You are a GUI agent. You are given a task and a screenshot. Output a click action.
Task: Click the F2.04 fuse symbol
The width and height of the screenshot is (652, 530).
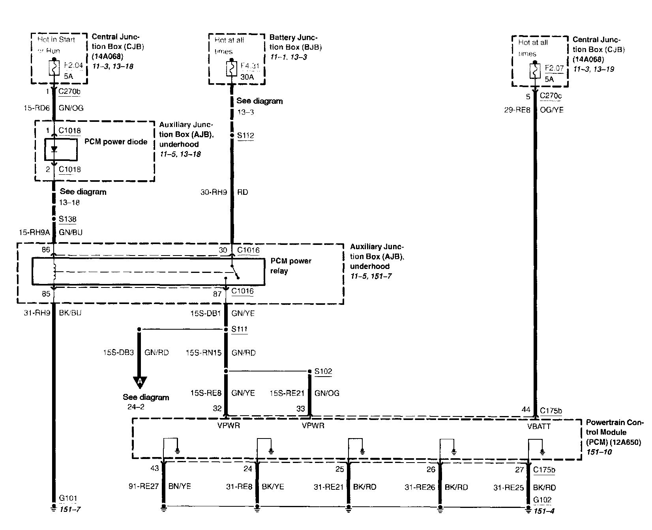pyautogui.click(x=54, y=68)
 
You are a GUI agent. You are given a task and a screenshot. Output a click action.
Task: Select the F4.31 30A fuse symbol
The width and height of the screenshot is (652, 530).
pyautogui.click(x=231, y=69)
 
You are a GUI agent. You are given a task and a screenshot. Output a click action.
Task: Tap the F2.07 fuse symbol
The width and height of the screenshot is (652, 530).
pyautogui.click(x=535, y=71)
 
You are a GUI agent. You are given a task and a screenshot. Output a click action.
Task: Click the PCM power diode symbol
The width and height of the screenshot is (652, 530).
pyautogui.click(x=54, y=149)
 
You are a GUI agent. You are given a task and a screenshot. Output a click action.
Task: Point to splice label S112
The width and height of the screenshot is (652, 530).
pyautogui.click(x=245, y=136)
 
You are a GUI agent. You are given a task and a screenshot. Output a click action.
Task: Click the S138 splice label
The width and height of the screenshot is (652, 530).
pyautogui.click(x=67, y=219)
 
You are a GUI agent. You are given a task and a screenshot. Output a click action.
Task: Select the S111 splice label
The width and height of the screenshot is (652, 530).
pyautogui.click(x=240, y=329)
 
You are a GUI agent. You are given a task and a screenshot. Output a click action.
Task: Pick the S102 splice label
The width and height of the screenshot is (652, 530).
pyautogui.click(x=323, y=371)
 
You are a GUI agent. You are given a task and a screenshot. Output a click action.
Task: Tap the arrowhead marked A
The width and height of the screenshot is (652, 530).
pyautogui.click(x=139, y=382)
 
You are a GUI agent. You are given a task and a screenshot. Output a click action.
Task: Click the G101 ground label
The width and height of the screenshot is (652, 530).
pyautogui.click(x=68, y=498)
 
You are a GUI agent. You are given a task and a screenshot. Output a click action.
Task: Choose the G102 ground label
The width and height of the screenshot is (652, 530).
pyautogui.click(x=542, y=500)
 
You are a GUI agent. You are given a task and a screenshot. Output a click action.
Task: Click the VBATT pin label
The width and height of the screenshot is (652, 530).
pyautogui.click(x=539, y=426)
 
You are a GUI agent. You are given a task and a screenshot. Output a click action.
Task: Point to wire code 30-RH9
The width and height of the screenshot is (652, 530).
pyautogui.click(x=214, y=192)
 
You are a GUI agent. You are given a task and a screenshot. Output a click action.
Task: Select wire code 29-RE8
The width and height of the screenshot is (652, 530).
pyautogui.click(x=517, y=110)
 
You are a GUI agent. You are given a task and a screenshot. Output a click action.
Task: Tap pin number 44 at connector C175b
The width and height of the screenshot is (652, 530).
pyautogui.click(x=526, y=410)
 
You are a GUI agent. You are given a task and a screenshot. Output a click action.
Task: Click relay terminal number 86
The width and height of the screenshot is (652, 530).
pyautogui.click(x=46, y=250)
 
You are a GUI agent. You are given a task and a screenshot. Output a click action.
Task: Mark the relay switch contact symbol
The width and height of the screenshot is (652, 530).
pyautogui.click(x=235, y=272)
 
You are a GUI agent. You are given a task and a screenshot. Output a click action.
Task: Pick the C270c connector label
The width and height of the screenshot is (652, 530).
pyautogui.click(x=551, y=96)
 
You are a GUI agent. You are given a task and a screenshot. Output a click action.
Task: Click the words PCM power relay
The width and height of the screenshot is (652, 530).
pyautogui.click(x=290, y=266)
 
